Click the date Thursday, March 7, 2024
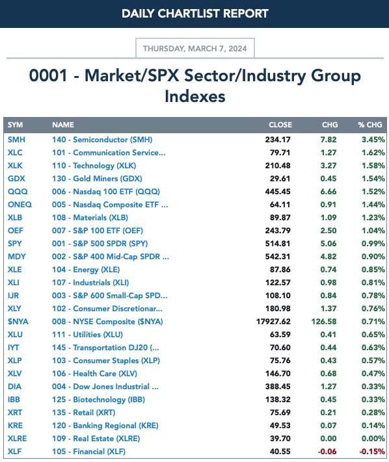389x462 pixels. (194, 48)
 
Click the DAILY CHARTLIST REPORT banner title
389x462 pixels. (195, 14)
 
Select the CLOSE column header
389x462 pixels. (280, 125)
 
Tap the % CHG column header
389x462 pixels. (370, 125)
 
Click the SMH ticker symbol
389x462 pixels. (16, 140)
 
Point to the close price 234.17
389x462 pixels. (278, 140)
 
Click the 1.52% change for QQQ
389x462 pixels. (373, 192)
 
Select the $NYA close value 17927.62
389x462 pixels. (273, 322)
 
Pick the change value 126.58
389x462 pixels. (324, 322)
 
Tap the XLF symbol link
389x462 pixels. (15, 452)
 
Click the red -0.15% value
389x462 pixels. (372, 452)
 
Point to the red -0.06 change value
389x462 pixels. (327, 452)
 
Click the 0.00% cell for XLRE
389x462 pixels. (373, 439)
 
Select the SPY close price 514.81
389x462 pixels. (278, 244)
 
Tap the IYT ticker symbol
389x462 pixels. (14, 348)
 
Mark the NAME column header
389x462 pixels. (63, 125)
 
